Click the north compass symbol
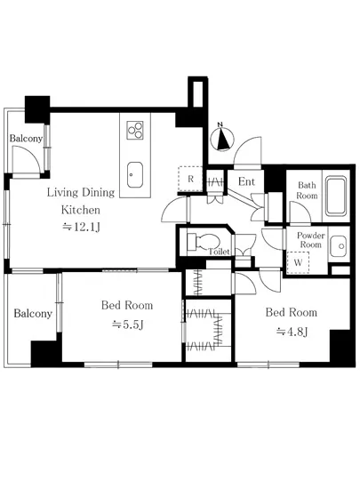tap(222, 138)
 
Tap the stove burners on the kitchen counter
tap(135, 130)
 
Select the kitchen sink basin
tap(135, 175)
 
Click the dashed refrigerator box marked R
tap(190, 179)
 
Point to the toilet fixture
tap(204, 242)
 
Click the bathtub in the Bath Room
tap(336, 196)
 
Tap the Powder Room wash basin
tap(339, 246)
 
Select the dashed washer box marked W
tap(299, 262)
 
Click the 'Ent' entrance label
tap(246, 181)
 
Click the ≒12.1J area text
tap(81, 227)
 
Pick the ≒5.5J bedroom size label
tap(127, 325)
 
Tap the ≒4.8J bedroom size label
tap(292, 332)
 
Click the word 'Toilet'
tap(220, 252)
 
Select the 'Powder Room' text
tap(311, 240)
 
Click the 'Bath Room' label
tap(307, 190)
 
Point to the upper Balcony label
tap(26, 138)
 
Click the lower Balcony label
tap(33, 313)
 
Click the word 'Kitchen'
tap(81, 210)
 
